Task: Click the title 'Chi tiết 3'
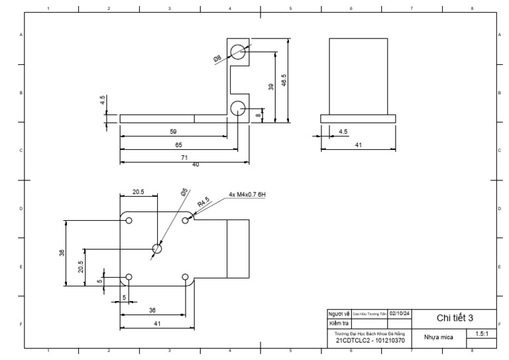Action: (x=454, y=318)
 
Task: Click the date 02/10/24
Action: (x=400, y=313)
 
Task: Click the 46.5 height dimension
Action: (x=284, y=80)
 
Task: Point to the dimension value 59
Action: (x=174, y=132)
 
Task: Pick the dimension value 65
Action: (x=178, y=144)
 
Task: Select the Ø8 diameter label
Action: (x=217, y=59)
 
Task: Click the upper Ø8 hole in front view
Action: (x=238, y=51)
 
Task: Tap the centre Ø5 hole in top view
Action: (x=157, y=249)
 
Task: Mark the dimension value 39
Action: (x=271, y=86)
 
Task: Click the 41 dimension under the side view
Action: (x=358, y=144)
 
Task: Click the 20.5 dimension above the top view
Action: (x=138, y=192)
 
